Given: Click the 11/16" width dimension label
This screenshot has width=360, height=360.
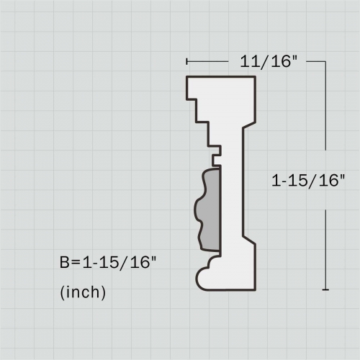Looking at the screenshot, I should click(x=269, y=62).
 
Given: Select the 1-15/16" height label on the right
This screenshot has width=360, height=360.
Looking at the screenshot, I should click(x=309, y=181).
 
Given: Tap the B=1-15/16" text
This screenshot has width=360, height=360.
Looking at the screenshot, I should click(x=108, y=263).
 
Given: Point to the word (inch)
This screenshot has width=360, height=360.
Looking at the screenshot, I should click(x=83, y=292).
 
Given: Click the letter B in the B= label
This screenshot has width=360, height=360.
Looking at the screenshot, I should click(x=65, y=263).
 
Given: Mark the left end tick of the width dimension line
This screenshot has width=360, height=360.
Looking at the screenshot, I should click(x=186, y=62).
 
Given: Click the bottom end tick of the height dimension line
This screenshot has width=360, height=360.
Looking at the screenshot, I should click(x=326, y=290).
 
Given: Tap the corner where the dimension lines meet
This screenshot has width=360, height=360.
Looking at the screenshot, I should click(x=326, y=62).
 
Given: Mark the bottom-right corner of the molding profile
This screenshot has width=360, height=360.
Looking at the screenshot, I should click(x=257, y=289).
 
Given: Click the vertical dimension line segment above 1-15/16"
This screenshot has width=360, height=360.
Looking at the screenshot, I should click(x=326, y=115).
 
